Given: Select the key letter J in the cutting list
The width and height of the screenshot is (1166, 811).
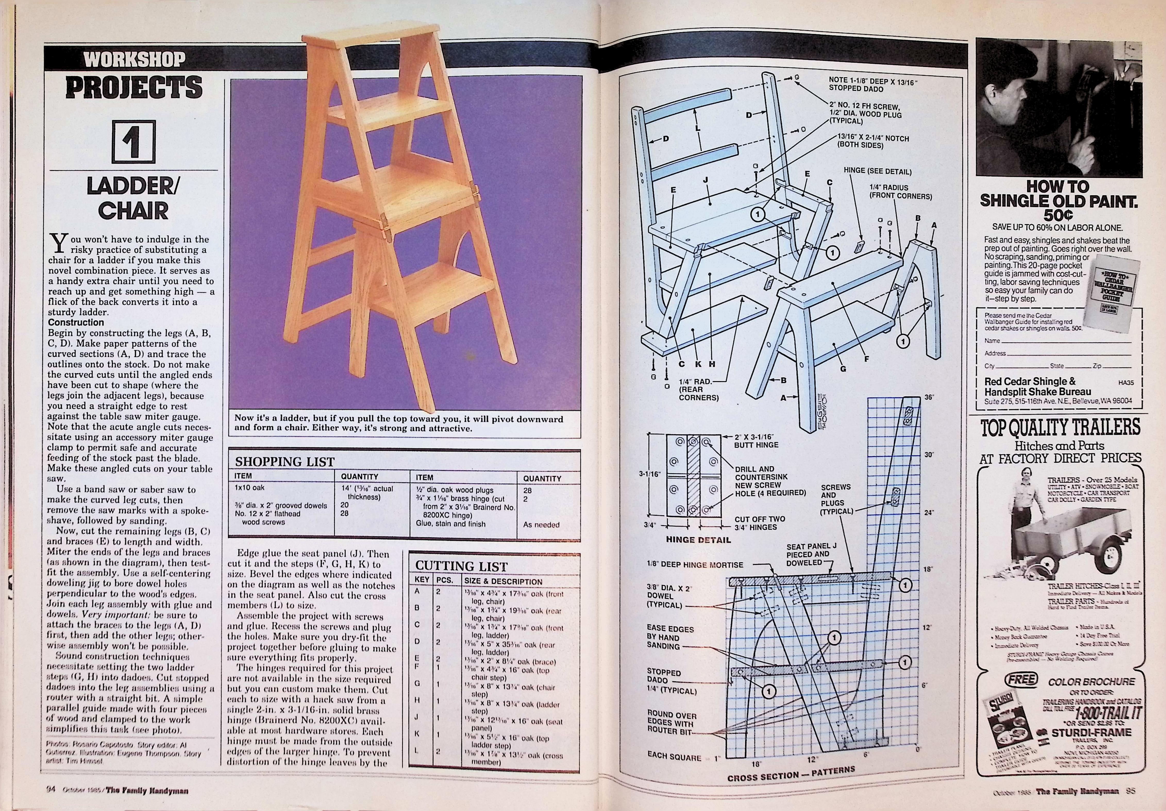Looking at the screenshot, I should (x=417, y=717).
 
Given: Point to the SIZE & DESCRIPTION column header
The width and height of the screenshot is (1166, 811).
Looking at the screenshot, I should (x=503, y=581).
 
